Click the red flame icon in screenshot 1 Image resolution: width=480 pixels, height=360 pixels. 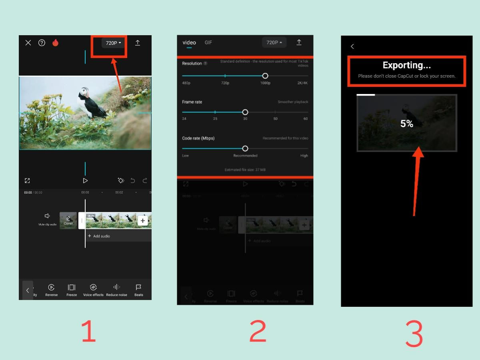pyautogui.click(x=55, y=43)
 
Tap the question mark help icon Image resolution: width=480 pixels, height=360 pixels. pyautogui.click(x=42, y=43)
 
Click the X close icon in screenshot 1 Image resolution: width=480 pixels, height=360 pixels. pyautogui.click(x=28, y=43)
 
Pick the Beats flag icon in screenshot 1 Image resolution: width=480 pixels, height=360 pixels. pyautogui.click(x=138, y=287)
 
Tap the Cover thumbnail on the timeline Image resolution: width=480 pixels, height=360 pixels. pyautogui.click(x=68, y=220)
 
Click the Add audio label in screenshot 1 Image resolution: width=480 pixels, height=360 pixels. pyautogui.click(x=101, y=236)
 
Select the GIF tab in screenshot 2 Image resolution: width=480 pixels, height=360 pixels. pyautogui.click(x=208, y=42)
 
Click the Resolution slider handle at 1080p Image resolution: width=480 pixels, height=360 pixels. pyautogui.click(x=265, y=76)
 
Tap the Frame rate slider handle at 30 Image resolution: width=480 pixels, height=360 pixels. pyautogui.click(x=245, y=112)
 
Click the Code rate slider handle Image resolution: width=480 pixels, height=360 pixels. pyautogui.click(x=245, y=148)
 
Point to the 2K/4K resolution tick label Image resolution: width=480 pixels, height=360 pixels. pyautogui.click(x=302, y=83)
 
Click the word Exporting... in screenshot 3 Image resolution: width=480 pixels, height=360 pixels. pyautogui.click(x=406, y=65)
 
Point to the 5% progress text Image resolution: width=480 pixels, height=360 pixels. pyautogui.click(x=407, y=124)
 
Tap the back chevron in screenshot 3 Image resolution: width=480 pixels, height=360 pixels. pyautogui.click(x=352, y=46)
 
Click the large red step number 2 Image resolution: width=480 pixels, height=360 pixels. pyautogui.click(x=258, y=331)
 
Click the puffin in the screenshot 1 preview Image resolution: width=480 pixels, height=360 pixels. pyautogui.click(x=92, y=103)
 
